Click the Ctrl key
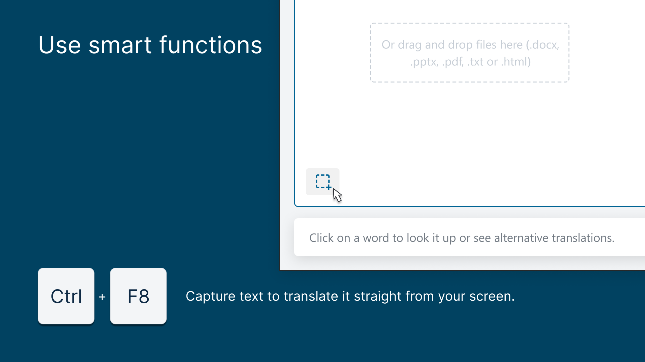tap(66, 296)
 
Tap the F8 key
tap(138, 296)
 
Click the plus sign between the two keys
tap(102, 297)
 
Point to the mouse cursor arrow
tap(337, 195)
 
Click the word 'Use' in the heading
tap(60, 45)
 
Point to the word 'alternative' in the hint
tap(521, 238)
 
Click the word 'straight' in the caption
tap(377, 296)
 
